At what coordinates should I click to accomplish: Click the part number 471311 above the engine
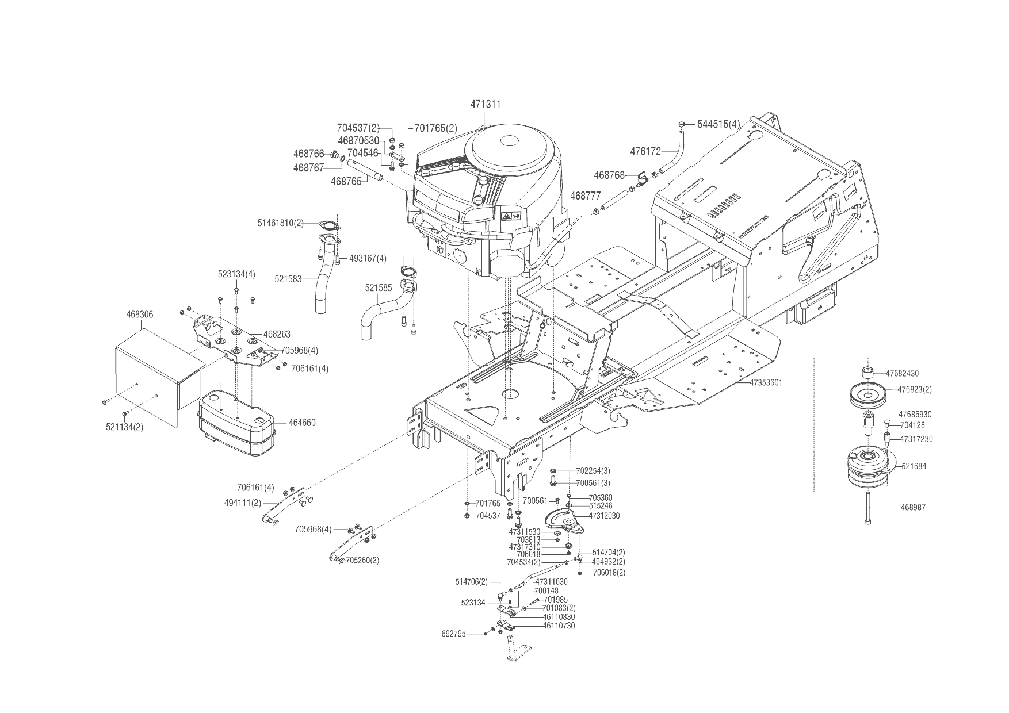pyautogui.click(x=485, y=105)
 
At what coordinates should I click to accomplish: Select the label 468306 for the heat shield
pyautogui.click(x=139, y=315)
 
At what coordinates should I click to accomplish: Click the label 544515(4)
pyautogui.click(x=718, y=124)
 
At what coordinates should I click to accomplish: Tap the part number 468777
pyautogui.click(x=585, y=196)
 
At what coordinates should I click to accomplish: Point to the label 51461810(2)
pyautogui.click(x=280, y=222)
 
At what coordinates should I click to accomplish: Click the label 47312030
pyautogui.click(x=604, y=516)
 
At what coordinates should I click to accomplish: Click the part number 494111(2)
pyautogui.click(x=242, y=502)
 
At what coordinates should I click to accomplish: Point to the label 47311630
pyautogui.click(x=551, y=582)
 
